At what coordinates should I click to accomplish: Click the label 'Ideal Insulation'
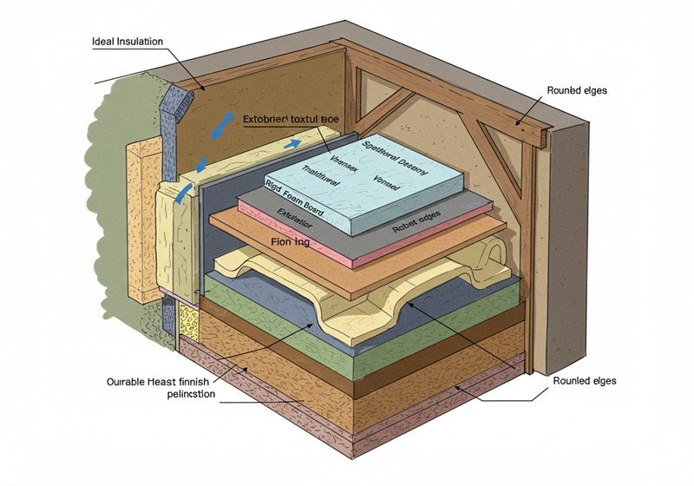click(128, 42)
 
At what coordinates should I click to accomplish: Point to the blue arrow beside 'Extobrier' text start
click(217, 126)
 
